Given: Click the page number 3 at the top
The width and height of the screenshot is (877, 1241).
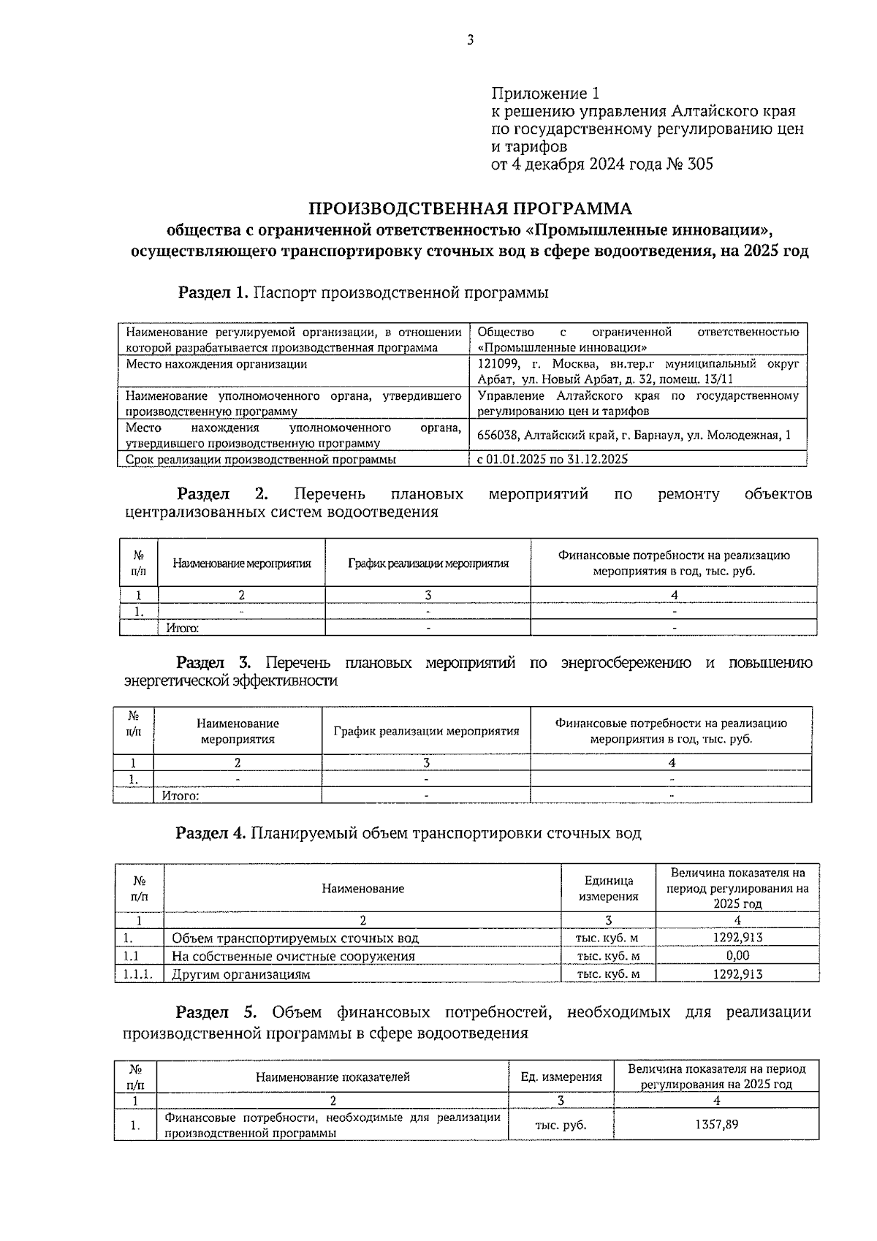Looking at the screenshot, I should tap(470, 41).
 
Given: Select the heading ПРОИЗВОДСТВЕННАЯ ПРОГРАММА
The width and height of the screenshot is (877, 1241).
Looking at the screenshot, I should tap(469, 209).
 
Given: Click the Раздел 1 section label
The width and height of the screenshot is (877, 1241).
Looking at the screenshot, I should tap(214, 294).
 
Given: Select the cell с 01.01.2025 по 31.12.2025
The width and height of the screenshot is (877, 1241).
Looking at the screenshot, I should tap(553, 460).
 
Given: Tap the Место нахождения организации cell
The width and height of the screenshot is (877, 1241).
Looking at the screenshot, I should tap(216, 364).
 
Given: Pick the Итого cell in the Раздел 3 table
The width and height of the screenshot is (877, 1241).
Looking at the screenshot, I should tap(180, 796).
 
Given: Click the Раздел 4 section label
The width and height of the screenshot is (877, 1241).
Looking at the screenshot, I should tap(210, 834).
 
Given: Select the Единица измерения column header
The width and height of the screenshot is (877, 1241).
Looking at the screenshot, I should tap(608, 889).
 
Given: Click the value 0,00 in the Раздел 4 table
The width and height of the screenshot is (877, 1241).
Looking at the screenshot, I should tap(737, 956).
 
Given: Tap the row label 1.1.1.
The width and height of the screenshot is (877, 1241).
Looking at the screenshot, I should tap(138, 974).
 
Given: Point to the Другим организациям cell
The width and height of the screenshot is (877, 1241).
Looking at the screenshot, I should tap(240, 974).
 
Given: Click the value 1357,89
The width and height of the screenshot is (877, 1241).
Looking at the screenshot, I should tap(715, 1125).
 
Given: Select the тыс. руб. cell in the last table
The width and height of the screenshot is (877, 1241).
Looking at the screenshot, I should tap(561, 1126).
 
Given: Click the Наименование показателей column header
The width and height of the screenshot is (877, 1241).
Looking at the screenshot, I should tap(333, 1077).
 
